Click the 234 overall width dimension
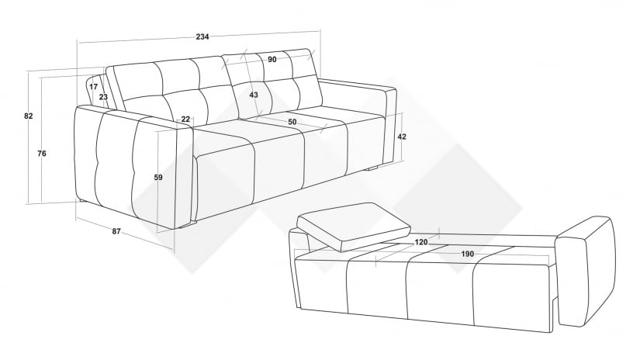tap(202, 36)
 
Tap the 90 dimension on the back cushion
tap(272, 60)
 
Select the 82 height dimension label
tap(28, 116)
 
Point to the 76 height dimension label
tap(42, 154)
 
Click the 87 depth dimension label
tap(116, 231)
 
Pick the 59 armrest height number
tap(158, 178)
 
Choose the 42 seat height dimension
tap(402, 137)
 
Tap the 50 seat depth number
tap(292, 122)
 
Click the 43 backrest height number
tap(254, 95)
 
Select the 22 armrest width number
tap(185, 119)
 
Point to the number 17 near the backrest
tap(93, 87)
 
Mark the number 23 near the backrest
tap(103, 97)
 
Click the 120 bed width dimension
tap(421, 242)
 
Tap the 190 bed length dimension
tap(468, 254)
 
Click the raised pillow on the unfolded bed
tap(354, 227)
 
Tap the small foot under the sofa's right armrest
tap(373, 168)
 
